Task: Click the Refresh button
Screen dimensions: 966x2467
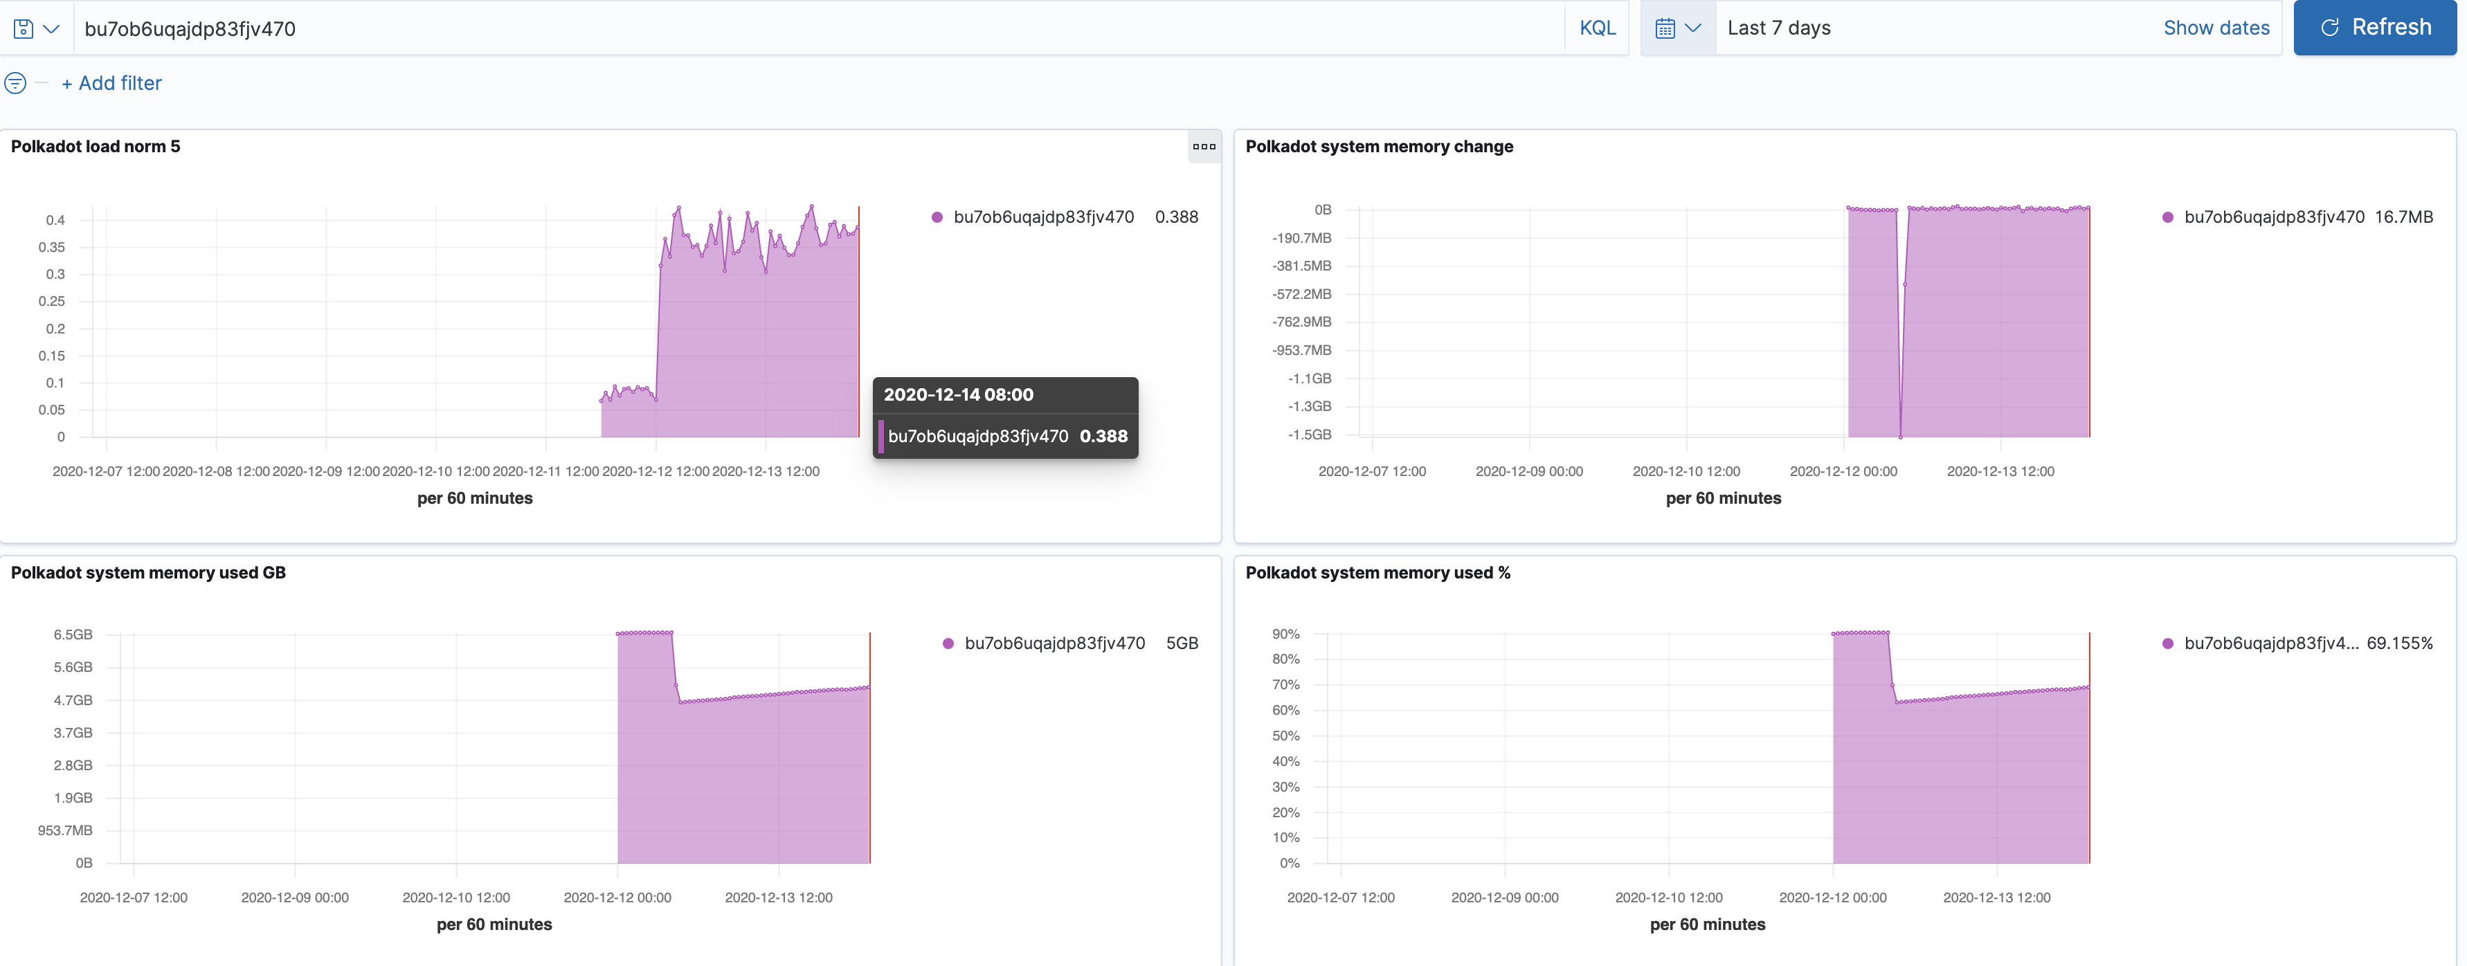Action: pyautogui.click(x=2374, y=28)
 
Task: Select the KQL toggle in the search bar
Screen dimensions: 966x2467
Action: pyautogui.click(x=1596, y=28)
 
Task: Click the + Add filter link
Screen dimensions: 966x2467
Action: pyautogui.click(x=112, y=83)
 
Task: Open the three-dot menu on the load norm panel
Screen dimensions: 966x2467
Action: pyautogui.click(x=1204, y=147)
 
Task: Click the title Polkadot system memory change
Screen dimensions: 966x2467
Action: pyautogui.click(x=1378, y=147)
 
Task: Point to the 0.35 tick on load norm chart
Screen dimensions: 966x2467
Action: pyautogui.click(x=52, y=247)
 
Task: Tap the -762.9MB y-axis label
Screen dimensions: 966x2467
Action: pyautogui.click(x=1301, y=322)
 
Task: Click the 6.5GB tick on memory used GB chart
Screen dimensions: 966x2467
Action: pyautogui.click(x=73, y=635)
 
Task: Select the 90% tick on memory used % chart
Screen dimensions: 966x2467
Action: pyautogui.click(x=1285, y=634)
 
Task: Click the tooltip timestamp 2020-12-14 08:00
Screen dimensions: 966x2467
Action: pyautogui.click(x=958, y=394)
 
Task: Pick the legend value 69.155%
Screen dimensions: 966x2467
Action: pyautogui.click(x=2399, y=644)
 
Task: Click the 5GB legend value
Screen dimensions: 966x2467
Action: pyautogui.click(x=1182, y=644)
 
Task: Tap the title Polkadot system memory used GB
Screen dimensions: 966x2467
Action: pyautogui.click(x=148, y=572)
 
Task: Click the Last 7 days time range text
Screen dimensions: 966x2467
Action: pyautogui.click(x=1778, y=28)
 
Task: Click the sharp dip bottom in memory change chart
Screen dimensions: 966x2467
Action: pyautogui.click(x=1900, y=437)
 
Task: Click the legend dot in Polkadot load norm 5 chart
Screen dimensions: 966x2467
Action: pyautogui.click(x=937, y=217)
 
